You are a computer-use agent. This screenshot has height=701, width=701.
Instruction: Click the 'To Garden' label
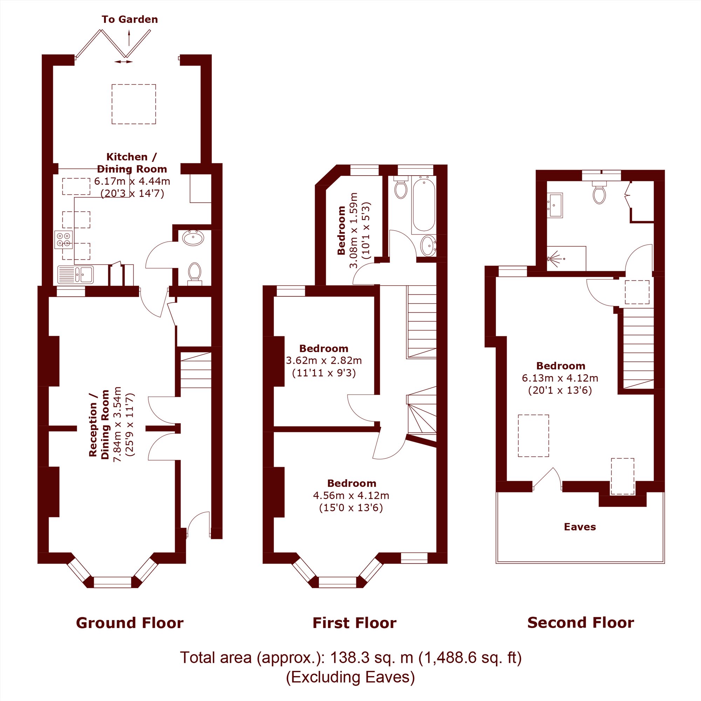point(130,20)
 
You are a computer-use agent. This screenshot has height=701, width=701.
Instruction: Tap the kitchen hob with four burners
point(63,240)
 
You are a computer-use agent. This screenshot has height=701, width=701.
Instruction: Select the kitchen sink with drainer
point(75,275)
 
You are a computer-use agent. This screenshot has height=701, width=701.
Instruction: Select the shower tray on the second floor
point(566,258)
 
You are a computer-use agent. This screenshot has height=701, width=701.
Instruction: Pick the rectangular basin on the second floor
point(555,205)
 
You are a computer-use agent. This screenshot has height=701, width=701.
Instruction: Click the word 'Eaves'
point(580,527)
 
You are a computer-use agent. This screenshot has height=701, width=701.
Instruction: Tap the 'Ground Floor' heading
point(130,623)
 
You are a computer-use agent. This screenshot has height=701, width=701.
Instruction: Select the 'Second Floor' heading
point(580,622)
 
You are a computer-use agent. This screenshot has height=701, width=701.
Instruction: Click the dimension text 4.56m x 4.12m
point(351,495)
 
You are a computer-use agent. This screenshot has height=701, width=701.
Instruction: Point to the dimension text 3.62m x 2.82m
point(324,361)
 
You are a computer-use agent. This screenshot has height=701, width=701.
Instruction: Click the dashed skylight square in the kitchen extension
point(134,104)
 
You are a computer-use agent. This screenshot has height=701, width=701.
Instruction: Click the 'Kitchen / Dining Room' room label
point(132,163)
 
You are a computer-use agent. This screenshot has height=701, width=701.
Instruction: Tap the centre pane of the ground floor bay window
point(113,581)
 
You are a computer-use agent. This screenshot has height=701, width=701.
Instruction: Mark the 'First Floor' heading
point(354,623)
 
